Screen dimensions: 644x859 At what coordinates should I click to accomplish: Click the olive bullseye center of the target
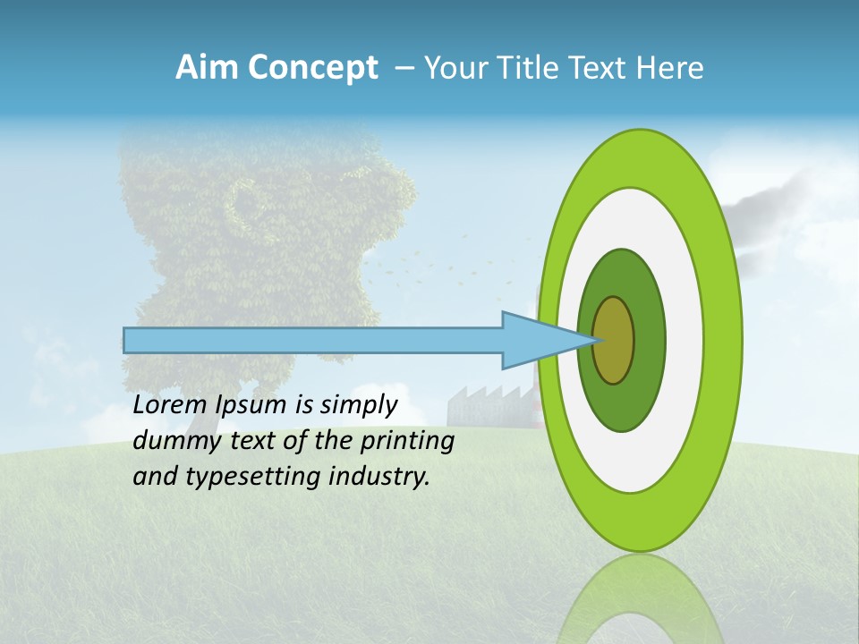[x=614, y=341]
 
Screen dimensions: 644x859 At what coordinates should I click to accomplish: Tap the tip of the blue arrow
[x=598, y=340]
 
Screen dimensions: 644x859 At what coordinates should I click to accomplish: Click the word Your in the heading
[x=454, y=68]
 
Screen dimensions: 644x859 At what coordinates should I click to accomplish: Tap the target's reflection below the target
[x=640, y=599]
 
